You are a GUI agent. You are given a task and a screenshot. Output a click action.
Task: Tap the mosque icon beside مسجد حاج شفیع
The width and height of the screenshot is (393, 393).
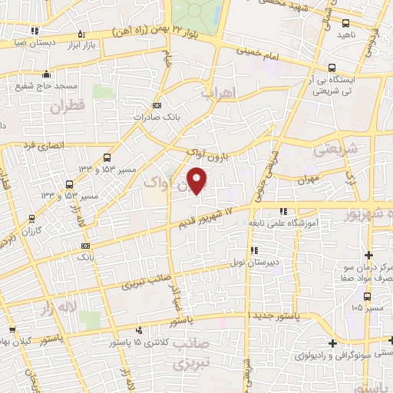(x=48, y=74)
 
